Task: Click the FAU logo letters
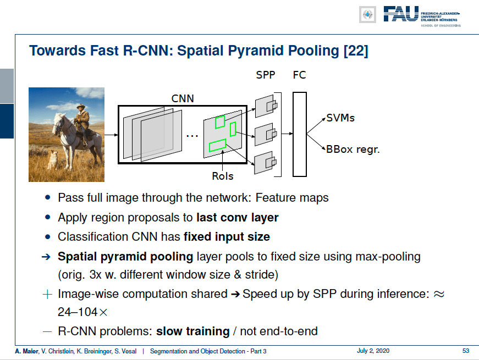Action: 401,14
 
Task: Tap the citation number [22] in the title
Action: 356,51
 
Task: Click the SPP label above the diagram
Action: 266,75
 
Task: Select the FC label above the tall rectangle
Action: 299,75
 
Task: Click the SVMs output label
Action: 340,118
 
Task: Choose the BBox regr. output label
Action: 353,149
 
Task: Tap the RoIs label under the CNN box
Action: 223,176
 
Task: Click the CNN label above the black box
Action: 183,98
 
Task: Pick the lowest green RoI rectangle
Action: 218,145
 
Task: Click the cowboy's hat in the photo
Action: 81,106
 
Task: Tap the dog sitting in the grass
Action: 53,159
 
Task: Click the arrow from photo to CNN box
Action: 111,135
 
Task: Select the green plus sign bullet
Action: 47,295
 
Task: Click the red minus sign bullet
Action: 47,331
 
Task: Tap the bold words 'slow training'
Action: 193,331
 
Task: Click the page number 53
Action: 466,351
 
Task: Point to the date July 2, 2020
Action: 373,351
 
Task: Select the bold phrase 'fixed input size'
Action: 227,237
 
